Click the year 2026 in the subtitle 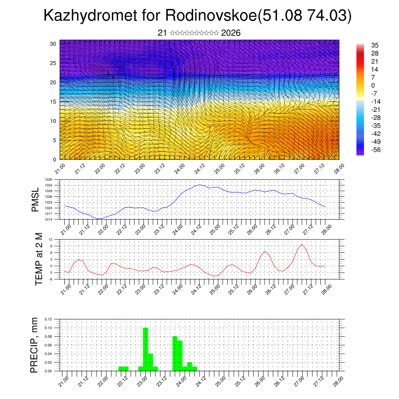tap(231, 33)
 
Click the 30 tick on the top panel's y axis tap(53, 44)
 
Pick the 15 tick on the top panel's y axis tap(53, 102)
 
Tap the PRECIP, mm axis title tap(35, 345)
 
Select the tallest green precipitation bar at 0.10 tap(145, 349)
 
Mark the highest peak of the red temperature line tap(302, 244)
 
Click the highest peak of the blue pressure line tap(199, 185)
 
